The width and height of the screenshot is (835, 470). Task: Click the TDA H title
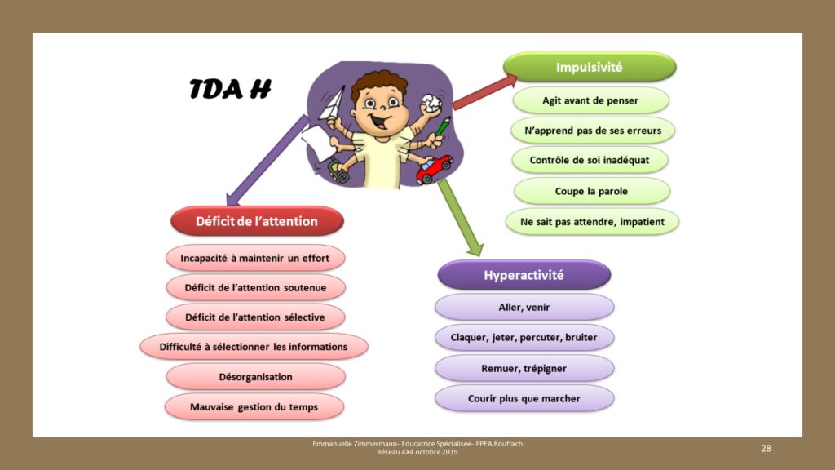(x=230, y=89)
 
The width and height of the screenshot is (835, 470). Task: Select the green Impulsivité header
(x=590, y=67)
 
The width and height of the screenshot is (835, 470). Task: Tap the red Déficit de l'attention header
(x=257, y=221)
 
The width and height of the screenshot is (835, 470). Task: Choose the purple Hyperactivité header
(x=524, y=275)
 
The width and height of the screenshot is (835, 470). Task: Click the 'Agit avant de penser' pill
(x=590, y=100)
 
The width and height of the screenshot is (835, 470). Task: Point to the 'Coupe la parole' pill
(x=592, y=191)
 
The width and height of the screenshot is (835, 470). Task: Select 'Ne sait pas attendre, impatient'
(x=592, y=222)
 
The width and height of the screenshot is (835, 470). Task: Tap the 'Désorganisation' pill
(x=255, y=377)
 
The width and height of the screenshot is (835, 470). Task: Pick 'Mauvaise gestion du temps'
(x=254, y=406)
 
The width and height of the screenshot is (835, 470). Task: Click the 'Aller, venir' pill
(x=524, y=307)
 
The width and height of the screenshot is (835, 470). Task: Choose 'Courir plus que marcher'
(x=524, y=398)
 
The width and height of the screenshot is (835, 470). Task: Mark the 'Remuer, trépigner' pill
(x=524, y=368)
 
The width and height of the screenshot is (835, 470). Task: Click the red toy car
(x=434, y=169)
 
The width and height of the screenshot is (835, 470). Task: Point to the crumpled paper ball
(x=431, y=103)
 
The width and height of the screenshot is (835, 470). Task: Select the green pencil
(x=443, y=126)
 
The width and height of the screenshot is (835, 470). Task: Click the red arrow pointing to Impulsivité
(x=484, y=92)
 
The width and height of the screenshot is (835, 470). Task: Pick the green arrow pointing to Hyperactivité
(x=461, y=217)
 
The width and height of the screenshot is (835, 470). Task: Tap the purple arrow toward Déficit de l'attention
(x=267, y=160)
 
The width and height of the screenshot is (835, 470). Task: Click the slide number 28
(x=766, y=448)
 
